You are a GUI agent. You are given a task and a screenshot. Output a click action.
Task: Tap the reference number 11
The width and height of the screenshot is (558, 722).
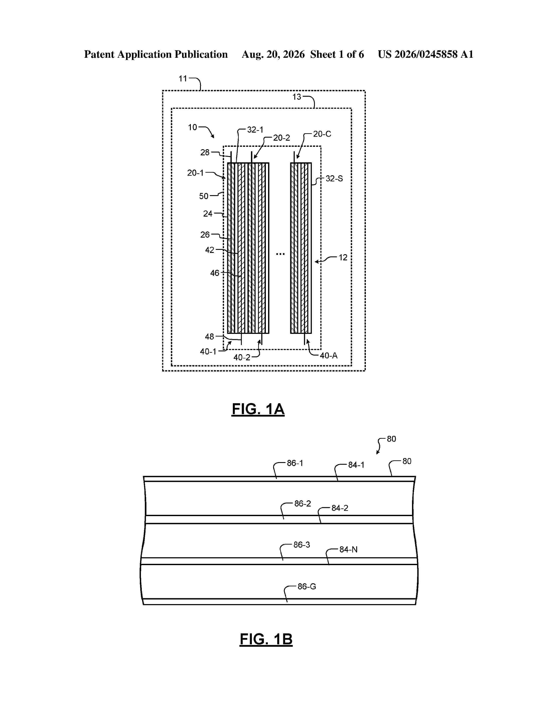(x=183, y=79)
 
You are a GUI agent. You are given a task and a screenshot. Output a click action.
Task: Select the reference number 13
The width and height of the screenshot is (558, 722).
(x=297, y=97)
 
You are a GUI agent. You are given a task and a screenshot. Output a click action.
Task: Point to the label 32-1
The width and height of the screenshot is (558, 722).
(x=255, y=130)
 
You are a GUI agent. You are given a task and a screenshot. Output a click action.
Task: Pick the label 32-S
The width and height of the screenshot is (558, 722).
(x=334, y=179)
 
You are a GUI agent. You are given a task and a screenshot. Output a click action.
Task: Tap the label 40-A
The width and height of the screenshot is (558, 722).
(x=329, y=356)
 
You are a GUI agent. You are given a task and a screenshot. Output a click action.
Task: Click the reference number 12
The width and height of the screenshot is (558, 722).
(x=343, y=258)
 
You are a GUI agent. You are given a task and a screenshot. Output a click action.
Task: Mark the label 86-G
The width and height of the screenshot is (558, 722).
(x=307, y=586)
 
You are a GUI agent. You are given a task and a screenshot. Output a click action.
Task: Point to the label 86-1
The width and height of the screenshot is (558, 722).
(x=295, y=463)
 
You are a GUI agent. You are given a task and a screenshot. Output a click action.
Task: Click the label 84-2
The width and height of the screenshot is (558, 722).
(x=340, y=508)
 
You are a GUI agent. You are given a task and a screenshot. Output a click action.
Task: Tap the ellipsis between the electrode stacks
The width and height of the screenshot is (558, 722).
(x=280, y=254)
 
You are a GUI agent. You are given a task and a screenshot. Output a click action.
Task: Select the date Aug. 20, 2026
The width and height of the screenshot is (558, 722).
(x=273, y=54)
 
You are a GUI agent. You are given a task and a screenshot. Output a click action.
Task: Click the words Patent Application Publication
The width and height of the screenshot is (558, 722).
(x=156, y=54)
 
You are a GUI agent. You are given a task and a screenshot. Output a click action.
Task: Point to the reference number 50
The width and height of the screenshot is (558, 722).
(x=204, y=196)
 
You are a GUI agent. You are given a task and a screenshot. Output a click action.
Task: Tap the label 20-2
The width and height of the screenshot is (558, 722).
(x=282, y=138)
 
